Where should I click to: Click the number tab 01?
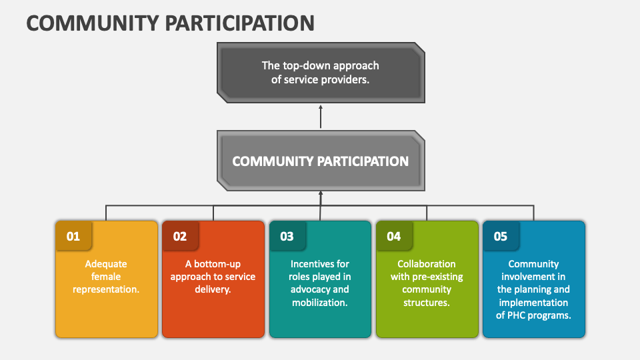(x=73, y=236)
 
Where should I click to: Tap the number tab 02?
(x=180, y=236)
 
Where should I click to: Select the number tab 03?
(x=287, y=236)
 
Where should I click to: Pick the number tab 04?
(x=394, y=236)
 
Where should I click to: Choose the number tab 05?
(x=500, y=236)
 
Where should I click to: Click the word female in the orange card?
(x=107, y=277)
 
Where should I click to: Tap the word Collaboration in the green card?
(x=427, y=264)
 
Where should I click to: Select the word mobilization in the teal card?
(x=320, y=303)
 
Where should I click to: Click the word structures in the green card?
(x=427, y=303)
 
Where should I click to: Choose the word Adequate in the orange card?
(x=107, y=264)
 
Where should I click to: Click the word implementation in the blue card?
(x=533, y=303)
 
